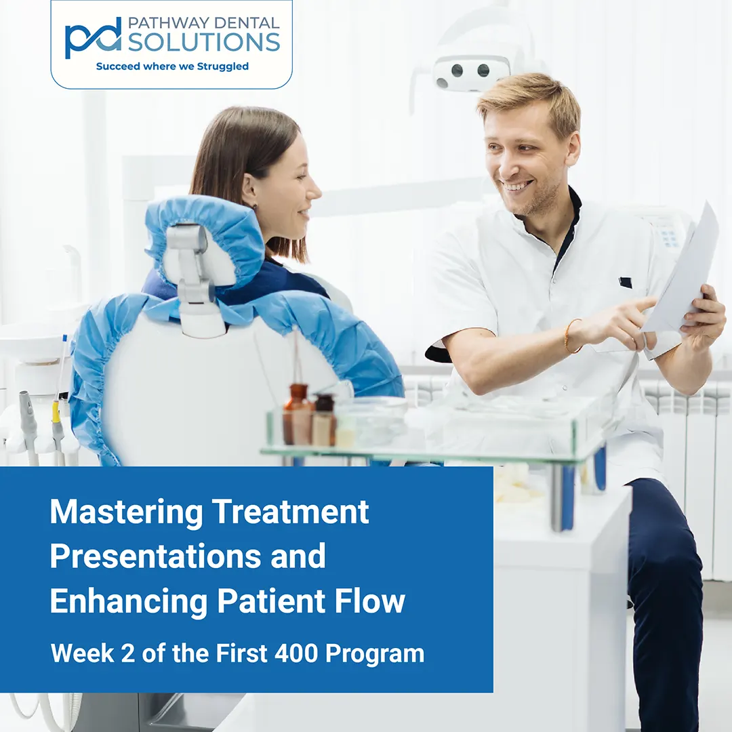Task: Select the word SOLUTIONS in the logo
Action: (203, 42)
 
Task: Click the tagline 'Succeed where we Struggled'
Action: (172, 66)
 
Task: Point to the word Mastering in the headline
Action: (126, 512)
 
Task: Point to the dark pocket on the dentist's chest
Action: (625, 283)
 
